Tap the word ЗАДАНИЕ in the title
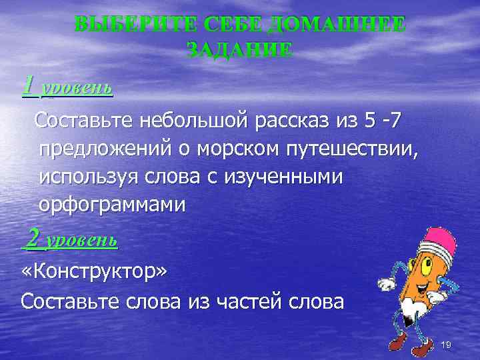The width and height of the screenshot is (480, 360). coord(239,50)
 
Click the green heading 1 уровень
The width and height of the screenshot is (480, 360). coord(67,87)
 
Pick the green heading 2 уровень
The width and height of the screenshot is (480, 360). coord(70,239)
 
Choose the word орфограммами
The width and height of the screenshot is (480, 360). coord(111,205)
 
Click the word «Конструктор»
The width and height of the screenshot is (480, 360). coord(95,273)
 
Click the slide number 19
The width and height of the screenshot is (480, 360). coord(447,345)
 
